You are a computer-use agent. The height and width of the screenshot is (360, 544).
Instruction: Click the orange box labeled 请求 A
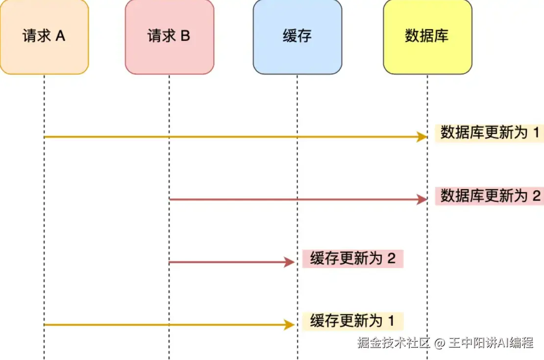(x=44, y=37)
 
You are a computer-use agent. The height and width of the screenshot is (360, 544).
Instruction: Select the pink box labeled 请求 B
(x=169, y=37)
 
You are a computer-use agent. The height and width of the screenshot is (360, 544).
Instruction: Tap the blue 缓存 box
(x=297, y=37)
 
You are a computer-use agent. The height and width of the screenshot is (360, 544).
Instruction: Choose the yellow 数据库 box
(x=427, y=37)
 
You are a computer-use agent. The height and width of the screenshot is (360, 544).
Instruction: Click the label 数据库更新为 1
(x=489, y=132)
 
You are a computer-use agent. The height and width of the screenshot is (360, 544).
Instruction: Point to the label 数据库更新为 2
(x=489, y=196)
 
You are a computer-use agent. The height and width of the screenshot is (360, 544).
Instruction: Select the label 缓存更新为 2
(x=353, y=258)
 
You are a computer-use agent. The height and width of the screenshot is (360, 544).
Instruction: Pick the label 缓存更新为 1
(x=353, y=321)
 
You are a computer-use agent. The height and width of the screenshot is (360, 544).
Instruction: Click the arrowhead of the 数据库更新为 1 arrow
(x=421, y=137)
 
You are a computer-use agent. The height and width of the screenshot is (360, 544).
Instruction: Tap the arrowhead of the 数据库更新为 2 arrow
(x=421, y=200)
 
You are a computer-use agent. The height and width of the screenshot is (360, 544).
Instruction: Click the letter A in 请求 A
(x=60, y=36)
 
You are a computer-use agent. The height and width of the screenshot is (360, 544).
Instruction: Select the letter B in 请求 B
(x=185, y=36)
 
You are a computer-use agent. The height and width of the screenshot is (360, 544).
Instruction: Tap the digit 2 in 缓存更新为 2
(x=391, y=258)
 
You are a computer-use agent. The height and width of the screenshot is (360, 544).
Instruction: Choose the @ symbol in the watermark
(x=439, y=343)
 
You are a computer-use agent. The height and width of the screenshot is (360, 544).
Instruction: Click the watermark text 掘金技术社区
(x=394, y=343)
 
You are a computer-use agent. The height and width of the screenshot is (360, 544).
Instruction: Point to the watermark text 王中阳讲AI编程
(x=491, y=343)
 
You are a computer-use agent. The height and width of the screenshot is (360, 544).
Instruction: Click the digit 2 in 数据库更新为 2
(x=536, y=196)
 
